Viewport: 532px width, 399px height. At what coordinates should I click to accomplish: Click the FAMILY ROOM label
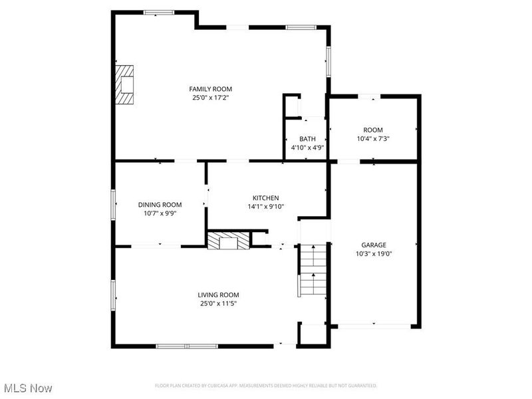(210, 88)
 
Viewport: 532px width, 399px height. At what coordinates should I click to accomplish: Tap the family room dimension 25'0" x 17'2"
(210, 98)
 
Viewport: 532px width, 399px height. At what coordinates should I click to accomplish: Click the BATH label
(307, 139)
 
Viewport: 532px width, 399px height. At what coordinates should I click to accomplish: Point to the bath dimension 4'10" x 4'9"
(307, 148)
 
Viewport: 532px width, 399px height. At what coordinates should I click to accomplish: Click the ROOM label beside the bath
(372, 130)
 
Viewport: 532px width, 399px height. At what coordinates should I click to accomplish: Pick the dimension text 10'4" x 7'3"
(372, 139)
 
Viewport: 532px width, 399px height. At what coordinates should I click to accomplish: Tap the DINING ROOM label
(160, 205)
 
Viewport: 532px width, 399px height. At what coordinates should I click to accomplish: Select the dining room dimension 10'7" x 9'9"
(160, 213)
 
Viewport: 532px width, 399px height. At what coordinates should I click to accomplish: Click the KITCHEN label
(265, 198)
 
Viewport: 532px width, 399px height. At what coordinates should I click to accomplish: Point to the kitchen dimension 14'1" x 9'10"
(265, 207)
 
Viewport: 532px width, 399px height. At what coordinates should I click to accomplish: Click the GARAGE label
(373, 245)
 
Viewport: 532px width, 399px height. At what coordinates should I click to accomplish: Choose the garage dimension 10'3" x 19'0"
(373, 253)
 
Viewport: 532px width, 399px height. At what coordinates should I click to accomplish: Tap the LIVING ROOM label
(218, 295)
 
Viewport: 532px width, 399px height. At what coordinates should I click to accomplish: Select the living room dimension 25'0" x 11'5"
(218, 303)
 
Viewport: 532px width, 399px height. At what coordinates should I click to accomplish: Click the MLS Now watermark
(28, 388)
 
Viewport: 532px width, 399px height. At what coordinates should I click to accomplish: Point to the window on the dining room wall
(114, 203)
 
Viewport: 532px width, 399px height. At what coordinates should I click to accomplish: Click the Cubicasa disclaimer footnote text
(266, 386)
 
